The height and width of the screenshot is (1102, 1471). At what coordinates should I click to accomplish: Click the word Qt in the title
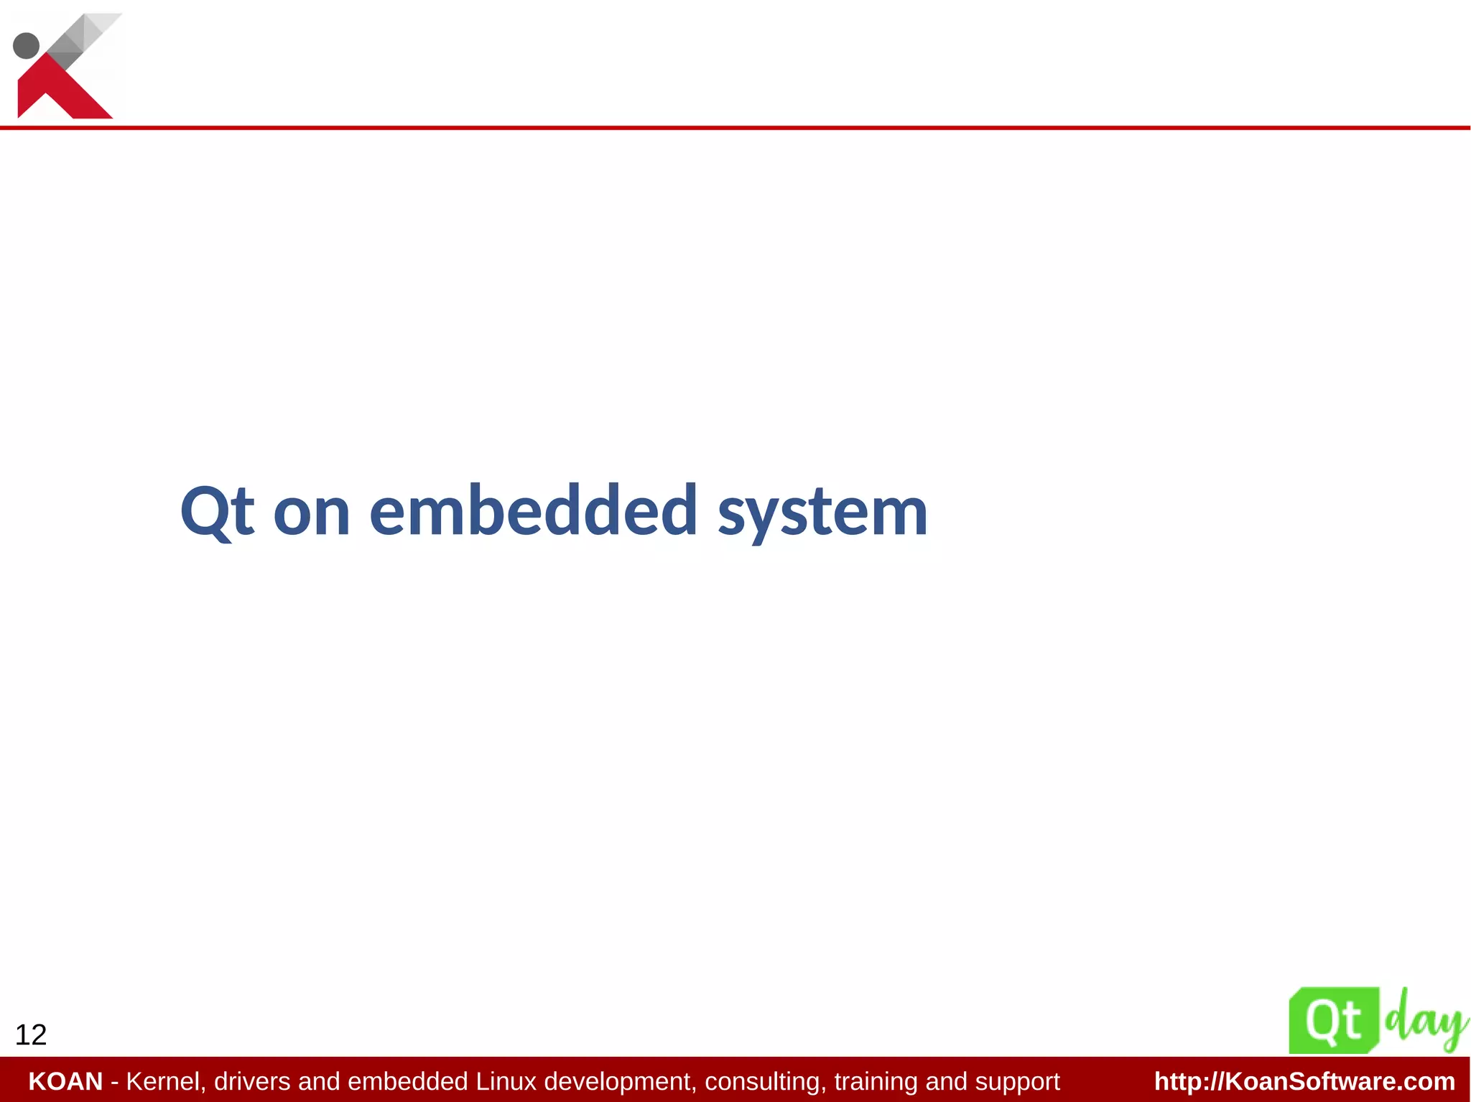(217, 511)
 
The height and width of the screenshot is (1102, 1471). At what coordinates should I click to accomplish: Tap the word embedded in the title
(533, 511)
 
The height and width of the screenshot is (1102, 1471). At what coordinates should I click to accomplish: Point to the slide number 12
(31, 1035)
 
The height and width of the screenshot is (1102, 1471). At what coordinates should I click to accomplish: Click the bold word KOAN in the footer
(65, 1081)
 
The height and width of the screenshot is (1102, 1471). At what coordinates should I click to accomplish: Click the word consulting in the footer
(766, 1081)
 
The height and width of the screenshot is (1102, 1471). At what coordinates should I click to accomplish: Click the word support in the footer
(1017, 1081)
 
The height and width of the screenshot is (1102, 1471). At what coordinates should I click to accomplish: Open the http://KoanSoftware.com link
(1304, 1081)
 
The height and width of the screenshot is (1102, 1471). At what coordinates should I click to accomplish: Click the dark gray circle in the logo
(27, 45)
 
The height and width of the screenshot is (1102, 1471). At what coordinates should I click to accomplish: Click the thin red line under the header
(735, 128)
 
